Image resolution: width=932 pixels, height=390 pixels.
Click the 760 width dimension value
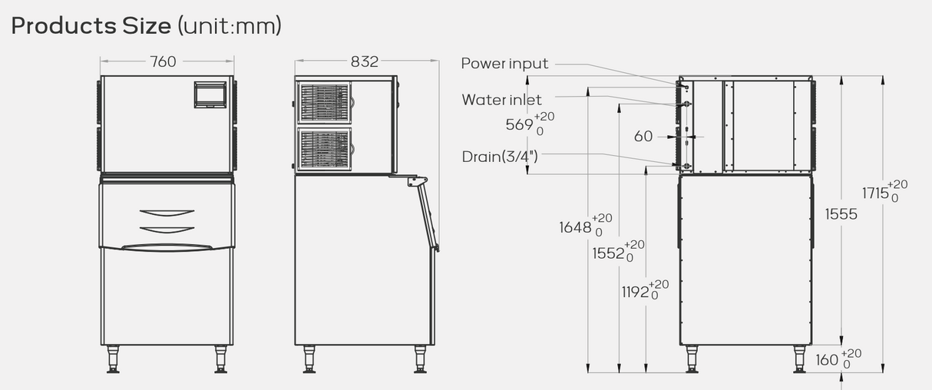click(x=163, y=61)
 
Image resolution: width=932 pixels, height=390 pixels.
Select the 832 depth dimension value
click(x=365, y=61)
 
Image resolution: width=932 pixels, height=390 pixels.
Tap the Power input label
click(x=504, y=64)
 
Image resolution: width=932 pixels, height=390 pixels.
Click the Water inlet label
click(x=501, y=100)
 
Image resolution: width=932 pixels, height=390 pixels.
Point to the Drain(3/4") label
click(x=500, y=157)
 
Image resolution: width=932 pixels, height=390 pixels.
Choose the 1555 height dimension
click(x=841, y=214)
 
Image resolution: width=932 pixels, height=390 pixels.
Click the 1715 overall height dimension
click(x=875, y=193)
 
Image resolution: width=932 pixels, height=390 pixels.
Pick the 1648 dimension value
click(x=576, y=227)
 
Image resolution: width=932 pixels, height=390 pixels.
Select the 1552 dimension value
click(x=608, y=253)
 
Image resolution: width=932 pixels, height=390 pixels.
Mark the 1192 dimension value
click(x=636, y=292)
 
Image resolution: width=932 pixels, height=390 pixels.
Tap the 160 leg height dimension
click(x=827, y=359)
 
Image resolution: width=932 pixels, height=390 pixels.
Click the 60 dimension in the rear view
click(x=643, y=137)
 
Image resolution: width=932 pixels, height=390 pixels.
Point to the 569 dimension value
click(x=519, y=124)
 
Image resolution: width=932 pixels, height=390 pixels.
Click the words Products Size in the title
click(x=91, y=26)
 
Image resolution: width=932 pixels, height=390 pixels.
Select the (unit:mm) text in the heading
click(x=230, y=26)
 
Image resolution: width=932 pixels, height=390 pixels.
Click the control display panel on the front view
click(x=208, y=94)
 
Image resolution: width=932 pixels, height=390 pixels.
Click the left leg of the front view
click(x=114, y=359)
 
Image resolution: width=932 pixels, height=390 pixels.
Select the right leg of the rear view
click(x=799, y=359)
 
